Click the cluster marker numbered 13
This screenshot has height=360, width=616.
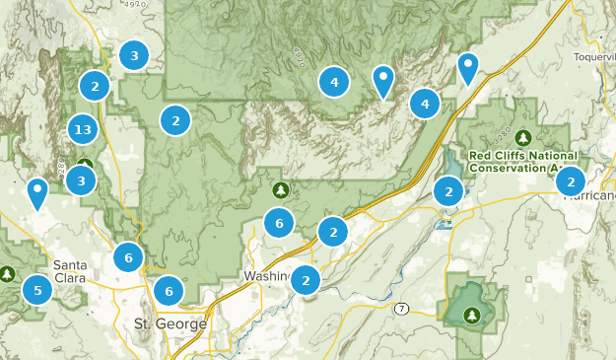[x=83, y=129]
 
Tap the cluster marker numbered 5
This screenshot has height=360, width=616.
[x=37, y=290]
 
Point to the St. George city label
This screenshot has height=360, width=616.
[x=170, y=324]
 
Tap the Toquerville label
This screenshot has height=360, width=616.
[x=593, y=56]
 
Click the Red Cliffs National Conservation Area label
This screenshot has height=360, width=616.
[x=521, y=162]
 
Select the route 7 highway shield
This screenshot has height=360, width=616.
[x=402, y=309]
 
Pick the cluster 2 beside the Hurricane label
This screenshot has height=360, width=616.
[x=571, y=180]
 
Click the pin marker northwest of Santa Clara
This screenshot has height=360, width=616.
[x=37, y=192]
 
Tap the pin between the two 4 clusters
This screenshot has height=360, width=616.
[x=383, y=80]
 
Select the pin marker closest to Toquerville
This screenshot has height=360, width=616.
[x=468, y=67]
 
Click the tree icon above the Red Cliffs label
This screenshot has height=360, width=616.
[x=522, y=137]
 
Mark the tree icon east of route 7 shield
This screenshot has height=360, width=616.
[x=471, y=315]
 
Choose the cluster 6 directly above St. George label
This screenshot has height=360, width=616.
[x=169, y=291]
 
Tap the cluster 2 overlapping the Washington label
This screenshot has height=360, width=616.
[x=307, y=281]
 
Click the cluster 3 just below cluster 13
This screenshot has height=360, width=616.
[x=82, y=180]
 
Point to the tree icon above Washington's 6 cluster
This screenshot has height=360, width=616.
[x=281, y=189]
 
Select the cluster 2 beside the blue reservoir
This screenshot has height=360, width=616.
[x=448, y=191]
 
